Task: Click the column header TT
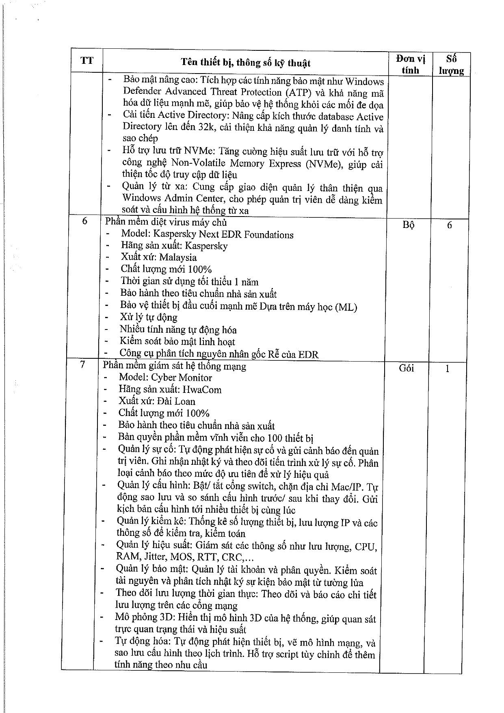pos(87,61)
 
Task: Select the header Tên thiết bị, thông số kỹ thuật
pos(245,63)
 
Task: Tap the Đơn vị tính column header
pos(410,64)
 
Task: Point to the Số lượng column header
pos(451,65)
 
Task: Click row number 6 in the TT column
pos(84,222)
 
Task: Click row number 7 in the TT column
pos(82,365)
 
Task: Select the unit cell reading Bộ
pos(409,225)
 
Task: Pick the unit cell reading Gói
pos(406,368)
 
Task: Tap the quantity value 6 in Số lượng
pos(449,225)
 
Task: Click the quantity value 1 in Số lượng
pos(447,369)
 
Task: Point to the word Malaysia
pos(178,257)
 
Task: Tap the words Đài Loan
pos(177,401)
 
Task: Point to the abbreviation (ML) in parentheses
pos(345,307)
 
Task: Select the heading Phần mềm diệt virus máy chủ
pos(166,223)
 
